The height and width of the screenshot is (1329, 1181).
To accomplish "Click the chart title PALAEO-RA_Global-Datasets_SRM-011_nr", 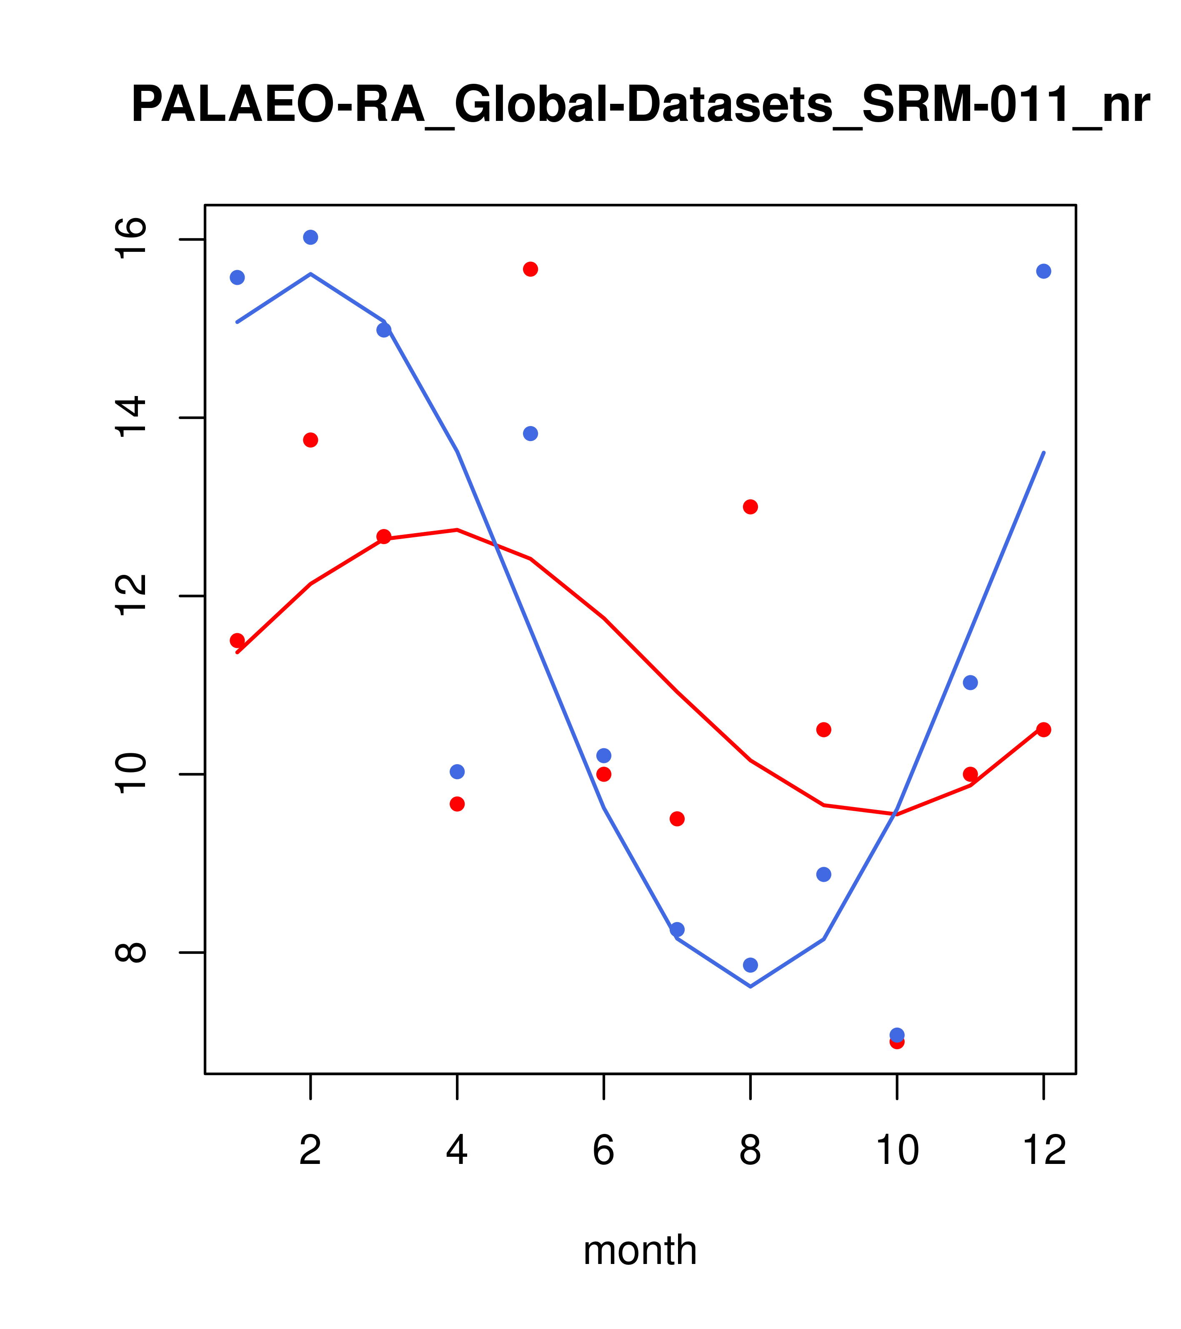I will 640,105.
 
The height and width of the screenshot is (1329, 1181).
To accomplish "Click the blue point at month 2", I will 311,237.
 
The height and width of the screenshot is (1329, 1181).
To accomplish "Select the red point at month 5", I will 530,269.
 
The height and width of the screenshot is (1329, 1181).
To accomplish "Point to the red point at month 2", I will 311,440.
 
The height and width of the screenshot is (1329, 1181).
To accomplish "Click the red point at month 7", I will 677,819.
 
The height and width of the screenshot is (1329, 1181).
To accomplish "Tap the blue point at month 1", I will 237,278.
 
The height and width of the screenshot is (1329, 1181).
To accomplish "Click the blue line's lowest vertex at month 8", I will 751,987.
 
